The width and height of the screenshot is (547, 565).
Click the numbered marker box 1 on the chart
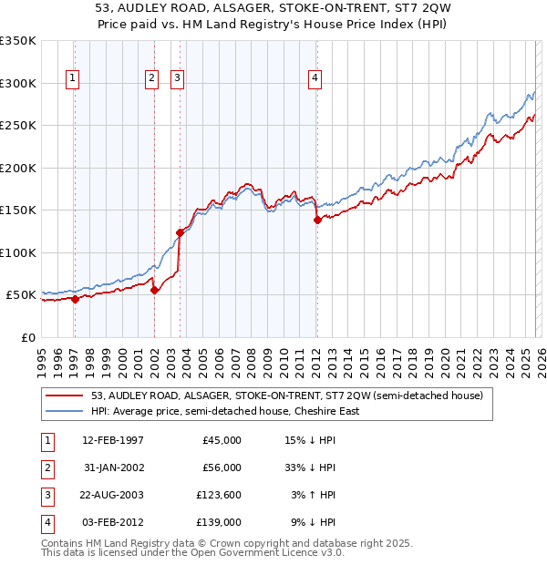tap(73, 79)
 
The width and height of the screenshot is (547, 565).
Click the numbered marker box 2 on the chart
tap(151, 79)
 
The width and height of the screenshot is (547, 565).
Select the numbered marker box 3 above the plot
tap(176, 79)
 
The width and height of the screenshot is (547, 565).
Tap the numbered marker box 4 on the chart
tap(314, 79)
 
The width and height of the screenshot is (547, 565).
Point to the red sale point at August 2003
tap(180, 232)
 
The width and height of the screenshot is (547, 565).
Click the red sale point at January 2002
tap(154, 290)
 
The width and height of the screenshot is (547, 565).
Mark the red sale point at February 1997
tap(75, 299)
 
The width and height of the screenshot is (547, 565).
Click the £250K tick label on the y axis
tap(18, 126)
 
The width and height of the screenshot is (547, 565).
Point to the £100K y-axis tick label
tap(18, 252)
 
